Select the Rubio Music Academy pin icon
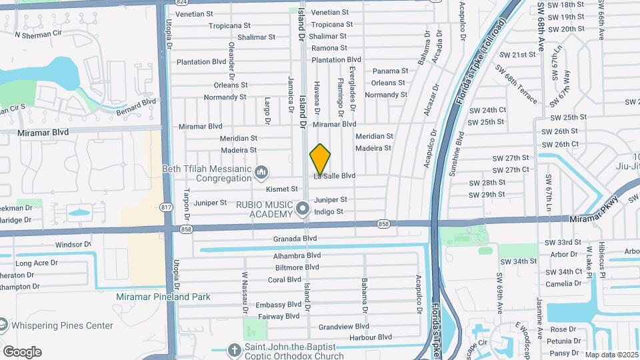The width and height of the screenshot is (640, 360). [302, 209]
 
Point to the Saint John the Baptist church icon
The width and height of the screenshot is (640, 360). [234, 349]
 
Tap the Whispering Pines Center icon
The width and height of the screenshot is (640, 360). [3, 325]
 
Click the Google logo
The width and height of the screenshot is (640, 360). [22, 352]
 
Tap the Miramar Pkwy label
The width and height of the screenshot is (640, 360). [595, 219]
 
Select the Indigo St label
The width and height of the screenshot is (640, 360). [329, 211]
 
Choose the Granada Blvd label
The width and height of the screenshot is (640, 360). [295, 238]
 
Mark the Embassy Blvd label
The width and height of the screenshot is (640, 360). [279, 305]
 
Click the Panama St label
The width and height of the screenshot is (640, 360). [390, 71]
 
